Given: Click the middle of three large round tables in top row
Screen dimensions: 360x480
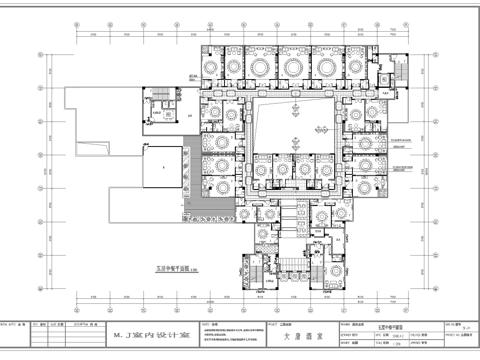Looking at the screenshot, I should coord(294,67).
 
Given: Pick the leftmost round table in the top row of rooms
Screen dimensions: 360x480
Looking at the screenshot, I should coord(213,67).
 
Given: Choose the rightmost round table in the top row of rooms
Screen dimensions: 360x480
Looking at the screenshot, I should coord(376,67).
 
